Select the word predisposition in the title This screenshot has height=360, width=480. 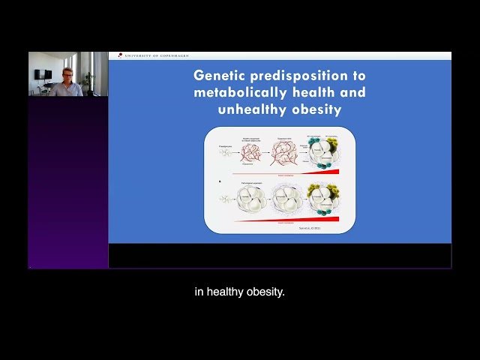tap(305, 76)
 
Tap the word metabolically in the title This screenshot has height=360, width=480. tap(238, 92)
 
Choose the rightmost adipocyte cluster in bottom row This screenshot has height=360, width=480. tap(321, 201)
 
